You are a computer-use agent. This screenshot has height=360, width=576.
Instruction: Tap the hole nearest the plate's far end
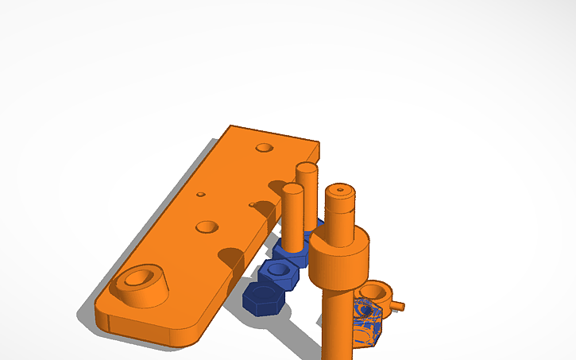coord(263,147)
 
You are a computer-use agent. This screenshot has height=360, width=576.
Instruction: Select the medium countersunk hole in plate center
coord(207,227)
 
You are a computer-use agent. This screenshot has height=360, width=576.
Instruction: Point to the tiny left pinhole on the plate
coord(201,194)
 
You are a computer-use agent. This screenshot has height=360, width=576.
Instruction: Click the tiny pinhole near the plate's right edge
coord(252,205)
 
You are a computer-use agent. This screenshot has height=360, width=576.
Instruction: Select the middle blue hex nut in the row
coord(279,273)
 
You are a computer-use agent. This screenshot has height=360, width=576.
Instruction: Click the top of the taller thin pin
coord(306,168)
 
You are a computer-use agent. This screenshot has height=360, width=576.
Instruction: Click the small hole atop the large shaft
coord(341,190)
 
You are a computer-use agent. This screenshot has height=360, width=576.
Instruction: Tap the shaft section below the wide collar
coord(336,326)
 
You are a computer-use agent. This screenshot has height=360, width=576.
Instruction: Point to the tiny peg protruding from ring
coord(399,304)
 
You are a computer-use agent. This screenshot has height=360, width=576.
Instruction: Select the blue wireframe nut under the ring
coord(369,323)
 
